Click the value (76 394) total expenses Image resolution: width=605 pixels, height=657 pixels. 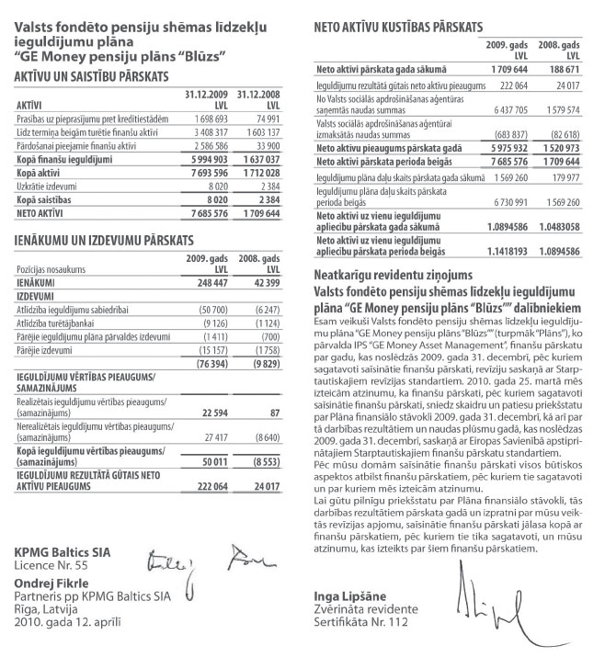point(196,363)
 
